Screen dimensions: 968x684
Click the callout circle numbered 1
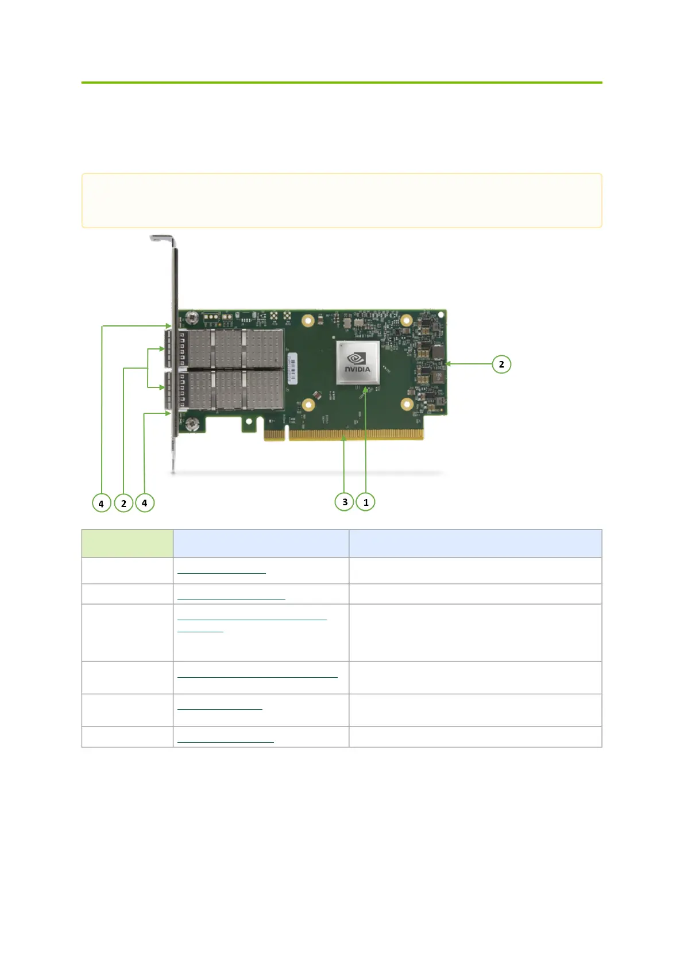click(x=366, y=502)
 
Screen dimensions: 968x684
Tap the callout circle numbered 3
click(x=345, y=501)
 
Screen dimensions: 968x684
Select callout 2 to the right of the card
click(x=501, y=364)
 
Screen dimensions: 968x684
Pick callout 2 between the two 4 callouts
click(x=123, y=503)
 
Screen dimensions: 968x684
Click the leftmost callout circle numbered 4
click(x=101, y=503)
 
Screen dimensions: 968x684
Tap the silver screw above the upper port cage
click(x=191, y=316)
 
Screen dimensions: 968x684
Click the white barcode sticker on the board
click(x=292, y=367)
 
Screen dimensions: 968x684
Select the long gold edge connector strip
click(x=356, y=435)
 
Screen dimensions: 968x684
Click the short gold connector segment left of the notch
click(x=274, y=435)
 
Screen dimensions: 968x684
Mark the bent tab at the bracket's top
click(x=161, y=237)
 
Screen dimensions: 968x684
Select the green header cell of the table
click(x=127, y=543)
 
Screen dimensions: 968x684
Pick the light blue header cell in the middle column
click(x=261, y=543)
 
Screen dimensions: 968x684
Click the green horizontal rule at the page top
click(x=341, y=83)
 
